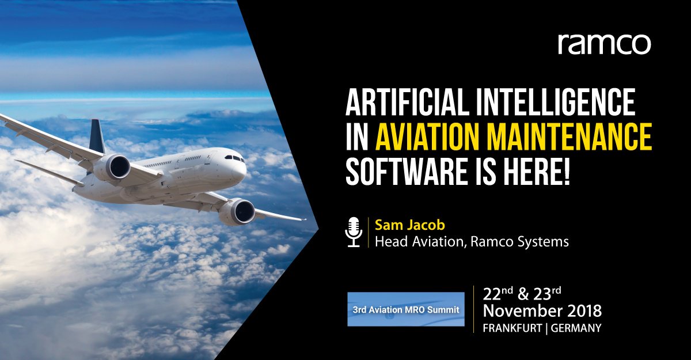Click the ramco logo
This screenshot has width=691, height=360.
(x=604, y=44)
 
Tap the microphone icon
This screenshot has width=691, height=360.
(x=353, y=232)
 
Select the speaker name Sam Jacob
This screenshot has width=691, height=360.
(x=401, y=224)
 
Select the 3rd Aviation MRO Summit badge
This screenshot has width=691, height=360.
(x=405, y=309)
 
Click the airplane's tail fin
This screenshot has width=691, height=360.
(x=97, y=137)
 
